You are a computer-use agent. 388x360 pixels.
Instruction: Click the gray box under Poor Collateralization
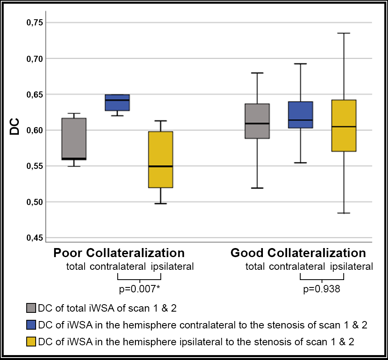pos(74,139)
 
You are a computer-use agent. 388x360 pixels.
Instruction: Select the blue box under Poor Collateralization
pos(117,103)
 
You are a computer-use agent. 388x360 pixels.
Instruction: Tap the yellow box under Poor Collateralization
pos(160,159)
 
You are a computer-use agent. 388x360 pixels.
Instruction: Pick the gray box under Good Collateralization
pos(258,121)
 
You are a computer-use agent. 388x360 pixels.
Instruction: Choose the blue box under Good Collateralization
pos(301,115)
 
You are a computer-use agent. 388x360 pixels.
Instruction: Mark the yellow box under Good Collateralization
pos(344,125)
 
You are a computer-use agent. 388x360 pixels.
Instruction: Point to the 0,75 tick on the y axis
pos(34,23)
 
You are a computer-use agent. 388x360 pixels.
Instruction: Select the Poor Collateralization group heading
pos(119,252)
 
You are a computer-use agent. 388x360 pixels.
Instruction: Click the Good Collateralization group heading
pos(298,252)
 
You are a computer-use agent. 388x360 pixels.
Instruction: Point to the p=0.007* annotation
pos(139,289)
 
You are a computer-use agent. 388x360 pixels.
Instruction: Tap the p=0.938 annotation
pos(321,289)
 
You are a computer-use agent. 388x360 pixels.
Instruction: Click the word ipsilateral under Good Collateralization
pos(351,267)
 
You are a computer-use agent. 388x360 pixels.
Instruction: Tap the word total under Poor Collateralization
pos(76,267)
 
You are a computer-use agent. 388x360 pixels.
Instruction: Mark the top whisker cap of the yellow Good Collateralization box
pos(344,33)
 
